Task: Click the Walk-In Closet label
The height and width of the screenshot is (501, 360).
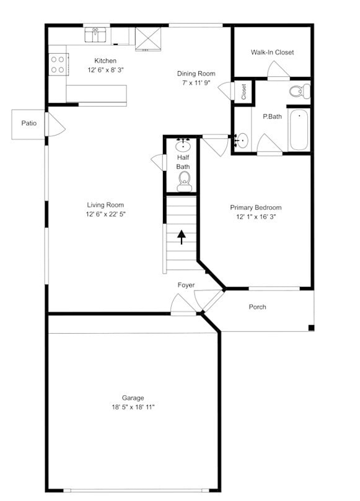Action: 272,52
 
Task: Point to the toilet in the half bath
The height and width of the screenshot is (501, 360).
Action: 184,180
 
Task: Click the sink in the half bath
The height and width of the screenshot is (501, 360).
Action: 183,146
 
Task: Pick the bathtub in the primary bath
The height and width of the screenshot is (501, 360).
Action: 299,129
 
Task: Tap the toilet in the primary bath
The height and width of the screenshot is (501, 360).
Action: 299,92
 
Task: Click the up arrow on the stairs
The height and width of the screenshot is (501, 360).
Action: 182,237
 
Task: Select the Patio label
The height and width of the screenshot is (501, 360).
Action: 29,123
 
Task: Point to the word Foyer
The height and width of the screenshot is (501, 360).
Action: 187,285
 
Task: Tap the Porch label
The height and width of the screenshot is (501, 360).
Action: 257,307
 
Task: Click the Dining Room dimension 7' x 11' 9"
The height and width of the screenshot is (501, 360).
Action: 196,82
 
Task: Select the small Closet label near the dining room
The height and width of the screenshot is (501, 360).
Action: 244,92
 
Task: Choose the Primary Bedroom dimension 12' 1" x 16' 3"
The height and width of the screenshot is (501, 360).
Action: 256,217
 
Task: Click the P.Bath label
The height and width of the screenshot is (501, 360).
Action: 273,116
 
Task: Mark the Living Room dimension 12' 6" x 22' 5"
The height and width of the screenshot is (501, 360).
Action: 105,214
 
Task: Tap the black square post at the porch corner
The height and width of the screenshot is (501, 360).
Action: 311,328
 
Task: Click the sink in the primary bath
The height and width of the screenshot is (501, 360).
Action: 242,141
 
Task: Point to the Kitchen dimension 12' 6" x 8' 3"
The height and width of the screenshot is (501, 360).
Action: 105,70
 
